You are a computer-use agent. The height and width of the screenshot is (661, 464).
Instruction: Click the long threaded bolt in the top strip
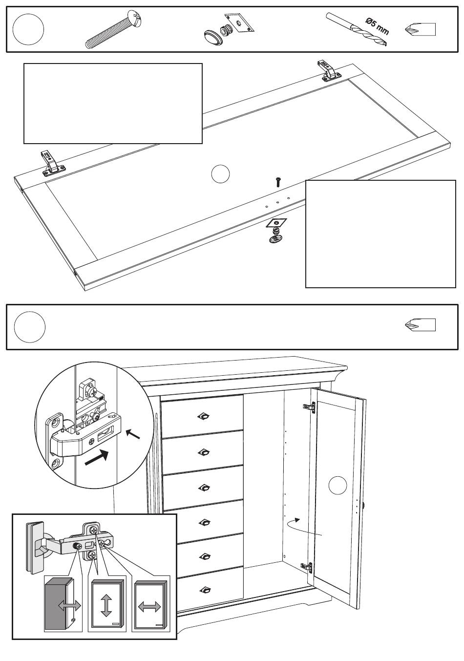click(114, 30)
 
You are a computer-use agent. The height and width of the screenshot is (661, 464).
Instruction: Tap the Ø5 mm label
click(377, 26)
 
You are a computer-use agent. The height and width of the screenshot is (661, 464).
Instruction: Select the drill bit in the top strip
click(357, 29)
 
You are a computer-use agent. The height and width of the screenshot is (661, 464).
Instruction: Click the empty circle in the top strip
click(28, 29)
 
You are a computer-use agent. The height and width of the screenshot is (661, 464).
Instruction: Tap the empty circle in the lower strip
click(30, 327)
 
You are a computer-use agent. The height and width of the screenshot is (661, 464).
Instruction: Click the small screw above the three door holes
click(277, 182)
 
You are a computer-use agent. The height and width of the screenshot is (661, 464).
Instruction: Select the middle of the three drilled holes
click(277, 202)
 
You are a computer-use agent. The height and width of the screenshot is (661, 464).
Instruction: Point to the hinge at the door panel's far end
click(329, 70)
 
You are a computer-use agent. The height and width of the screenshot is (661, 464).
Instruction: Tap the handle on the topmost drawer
click(204, 416)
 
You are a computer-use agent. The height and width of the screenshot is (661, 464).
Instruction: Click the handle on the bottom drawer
click(205, 590)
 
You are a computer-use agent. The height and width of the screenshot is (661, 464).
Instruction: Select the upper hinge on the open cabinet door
click(309, 406)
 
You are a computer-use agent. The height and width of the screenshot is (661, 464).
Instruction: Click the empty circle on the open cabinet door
click(338, 485)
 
